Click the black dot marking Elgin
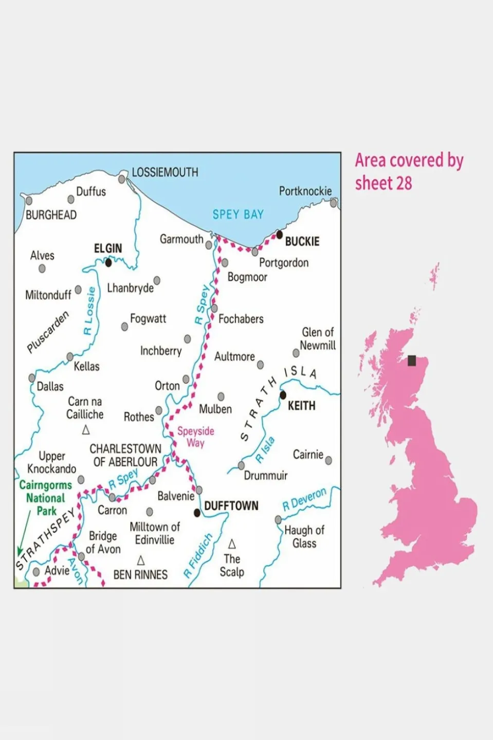pyautogui.click(x=108, y=263)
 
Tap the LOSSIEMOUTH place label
pyautogui.click(x=165, y=172)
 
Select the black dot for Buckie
pyautogui.click(x=280, y=234)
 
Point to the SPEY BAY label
pyautogui.click(x=238, y=214)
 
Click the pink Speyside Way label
pyautogui.click(x=195, y=437)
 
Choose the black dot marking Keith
pyautogui.click(x=283, y=395)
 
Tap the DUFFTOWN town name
pyautogui.click(x=231, y=506)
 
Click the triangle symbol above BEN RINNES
pyautogui.click(x=140, y=560)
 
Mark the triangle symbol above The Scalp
pyautogui.click(x=232, y=544)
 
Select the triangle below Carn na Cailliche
pyautogui.click(x=86, y=429)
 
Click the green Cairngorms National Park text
pyautogui.click(x=45, y=498)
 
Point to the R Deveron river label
pyautogui.click(x=304, y=499)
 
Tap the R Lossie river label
pyautogui.click(x=89, y=311)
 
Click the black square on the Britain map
pyautogui.click(x=412, y=360)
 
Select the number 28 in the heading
pyautogui.click(x=404, y=183)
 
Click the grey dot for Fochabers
pyautogui.click(x=214, y=308)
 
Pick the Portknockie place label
pyautogui.click(x=305, y=191)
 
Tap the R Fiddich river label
pyautogui.click(x=198, y=556)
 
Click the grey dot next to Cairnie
pyautogui.click(x=328, y=460)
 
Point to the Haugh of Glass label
pyautogui.click(x=304, y=536)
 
